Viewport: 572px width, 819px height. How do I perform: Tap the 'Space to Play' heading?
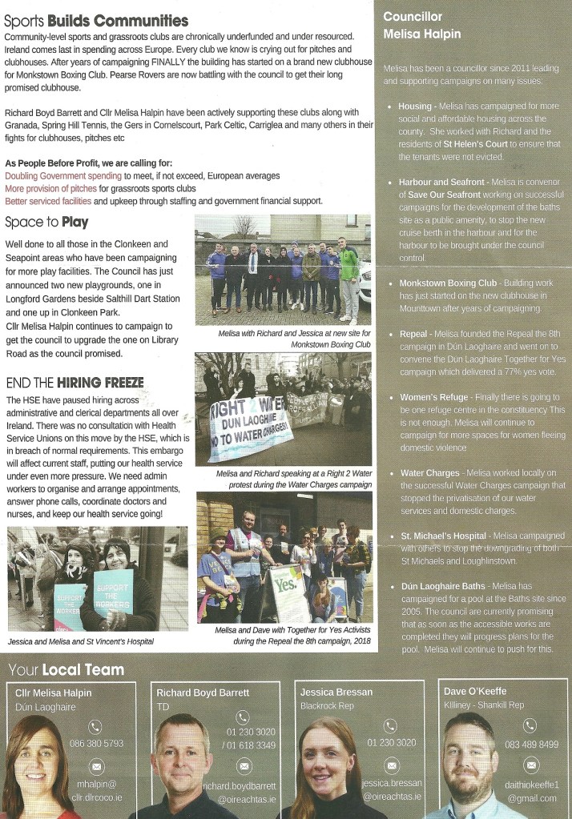tap(46, 222)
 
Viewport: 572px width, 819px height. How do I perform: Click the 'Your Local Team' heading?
tap(66, 669)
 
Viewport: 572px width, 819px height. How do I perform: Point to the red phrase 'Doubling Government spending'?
tap(63, 175)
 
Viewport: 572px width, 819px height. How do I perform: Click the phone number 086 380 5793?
tap(96, 743)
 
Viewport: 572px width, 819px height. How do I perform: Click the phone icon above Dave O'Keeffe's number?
tap(530, 725)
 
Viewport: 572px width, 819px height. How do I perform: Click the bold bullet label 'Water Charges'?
tap(430, 473)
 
